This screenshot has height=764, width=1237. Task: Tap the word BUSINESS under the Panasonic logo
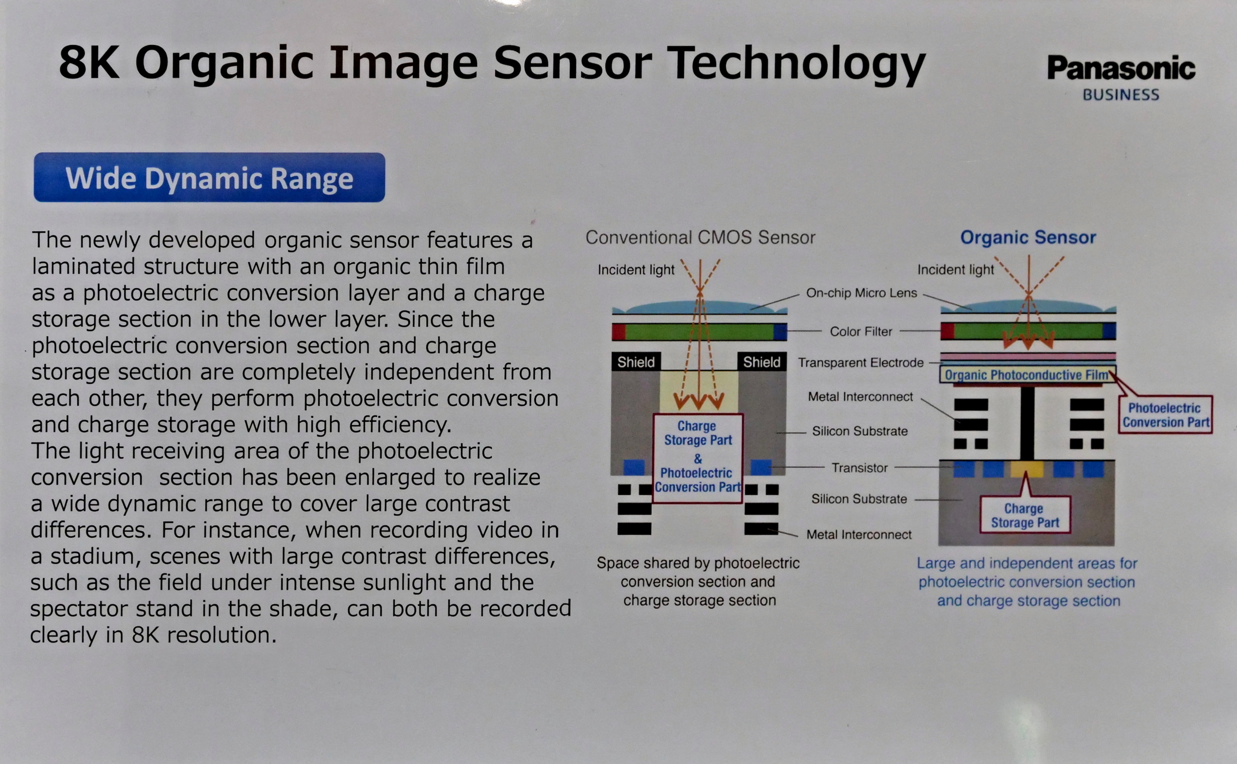(1121, 95)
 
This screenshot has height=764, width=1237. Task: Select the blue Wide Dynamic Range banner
(209, 177)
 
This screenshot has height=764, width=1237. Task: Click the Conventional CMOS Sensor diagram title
(700, 237)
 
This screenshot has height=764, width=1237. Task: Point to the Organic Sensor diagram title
(1028, 237)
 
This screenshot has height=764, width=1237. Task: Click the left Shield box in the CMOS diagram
(636, 362)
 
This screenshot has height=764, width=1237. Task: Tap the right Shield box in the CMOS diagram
(762, 362)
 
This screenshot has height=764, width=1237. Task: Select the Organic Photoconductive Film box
(1027, 374)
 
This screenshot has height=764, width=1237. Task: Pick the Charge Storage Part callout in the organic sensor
(1025, 515)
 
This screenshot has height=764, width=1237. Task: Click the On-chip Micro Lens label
(861, 293)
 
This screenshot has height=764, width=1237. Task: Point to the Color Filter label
(861, 332)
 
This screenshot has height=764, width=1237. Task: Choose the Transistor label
(859, 468)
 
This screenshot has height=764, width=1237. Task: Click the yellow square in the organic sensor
(1026, 469)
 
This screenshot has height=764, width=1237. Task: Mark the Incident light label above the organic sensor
(955, 270)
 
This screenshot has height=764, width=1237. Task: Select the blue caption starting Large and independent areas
(1027, 582)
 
